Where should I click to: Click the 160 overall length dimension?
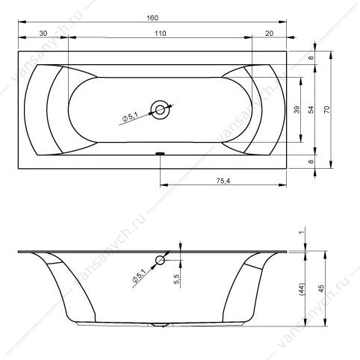[x=152, y=18]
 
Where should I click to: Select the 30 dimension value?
[x=43, y=33]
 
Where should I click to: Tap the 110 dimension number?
[x=160, y=33]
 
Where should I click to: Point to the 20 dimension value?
[x=269, y=33]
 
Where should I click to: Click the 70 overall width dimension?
[x=326, y=110]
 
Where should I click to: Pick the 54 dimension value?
[x=311, y=110]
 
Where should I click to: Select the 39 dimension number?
[x=297, y=110]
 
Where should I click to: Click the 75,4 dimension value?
[x=223, y=181]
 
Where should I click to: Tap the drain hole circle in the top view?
[x=160, y=110]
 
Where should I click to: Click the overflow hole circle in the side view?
[x=160, y=260]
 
